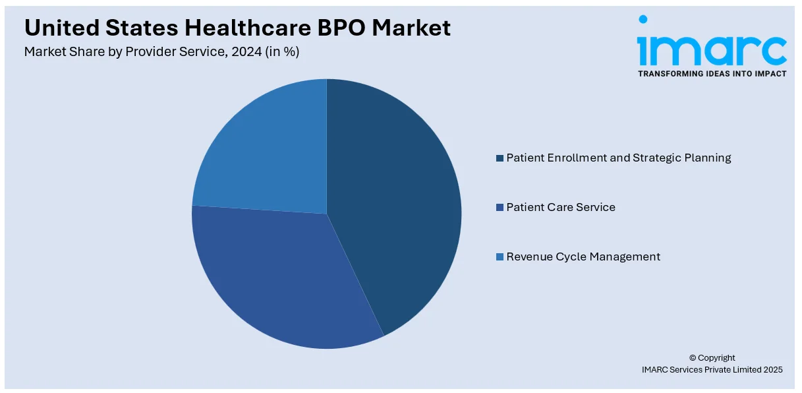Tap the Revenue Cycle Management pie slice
(x=264, y=152)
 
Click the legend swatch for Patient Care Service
(x=500, y=207)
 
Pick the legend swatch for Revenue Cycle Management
(x=500, y=257)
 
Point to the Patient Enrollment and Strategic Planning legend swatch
(x=500, y=158)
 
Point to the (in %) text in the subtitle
(x=281, y=51)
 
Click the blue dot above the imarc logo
(x=643, y=20)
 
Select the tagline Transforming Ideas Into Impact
(x=712, y=73)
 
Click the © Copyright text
(x=712, y=358)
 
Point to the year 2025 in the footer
(x=772, y=370)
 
